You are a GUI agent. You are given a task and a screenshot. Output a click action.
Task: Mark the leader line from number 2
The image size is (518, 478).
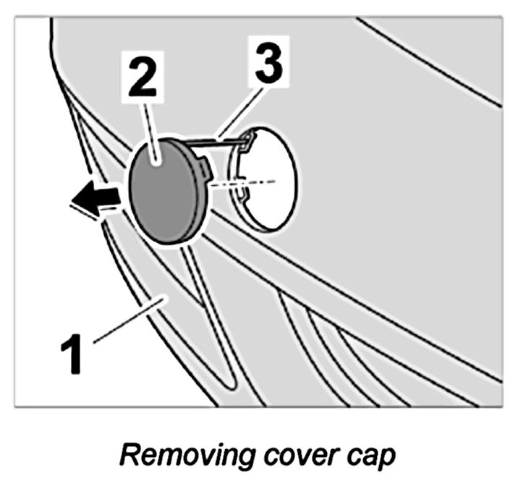[x=148, y=123]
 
